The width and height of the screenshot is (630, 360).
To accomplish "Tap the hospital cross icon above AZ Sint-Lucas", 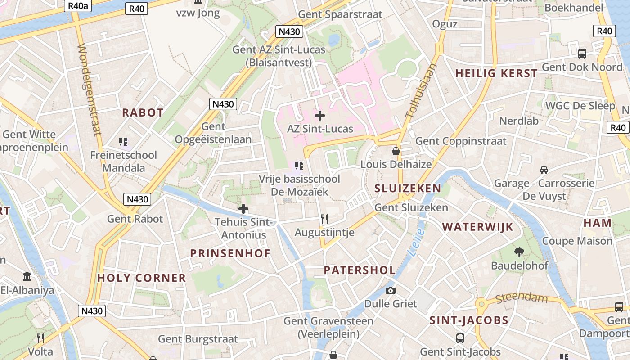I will (320, 116).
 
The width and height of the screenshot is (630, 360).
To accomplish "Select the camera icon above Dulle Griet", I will (391, 290).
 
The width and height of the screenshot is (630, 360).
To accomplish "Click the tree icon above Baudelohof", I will (519, 252).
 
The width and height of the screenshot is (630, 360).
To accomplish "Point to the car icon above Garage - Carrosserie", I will (544, 170).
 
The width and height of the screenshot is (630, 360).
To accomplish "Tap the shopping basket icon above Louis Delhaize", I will (396, 151).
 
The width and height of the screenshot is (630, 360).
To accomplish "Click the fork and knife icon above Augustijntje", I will (324, 219).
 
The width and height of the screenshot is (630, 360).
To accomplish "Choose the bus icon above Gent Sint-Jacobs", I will (460, 338).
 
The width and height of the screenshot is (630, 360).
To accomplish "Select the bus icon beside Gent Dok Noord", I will (582, 54).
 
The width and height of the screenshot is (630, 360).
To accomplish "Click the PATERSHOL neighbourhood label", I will (360, 270).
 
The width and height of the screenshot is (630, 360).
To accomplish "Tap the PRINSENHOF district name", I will (230, 253).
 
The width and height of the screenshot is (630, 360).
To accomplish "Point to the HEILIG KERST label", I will (496, 73).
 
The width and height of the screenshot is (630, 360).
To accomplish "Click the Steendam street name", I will (522, 298).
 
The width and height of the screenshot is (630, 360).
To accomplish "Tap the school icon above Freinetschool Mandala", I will (123, 142).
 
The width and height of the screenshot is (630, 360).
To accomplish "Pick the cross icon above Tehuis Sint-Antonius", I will (243, 209).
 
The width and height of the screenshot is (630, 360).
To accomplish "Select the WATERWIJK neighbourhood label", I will (477, 227).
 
